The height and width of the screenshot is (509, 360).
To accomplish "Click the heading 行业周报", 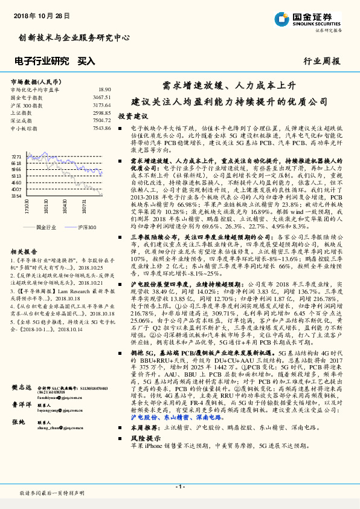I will click(321, 61).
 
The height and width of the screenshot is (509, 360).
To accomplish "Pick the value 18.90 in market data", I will click(104, 89).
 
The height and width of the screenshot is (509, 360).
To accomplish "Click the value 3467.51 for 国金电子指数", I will click(101, 97).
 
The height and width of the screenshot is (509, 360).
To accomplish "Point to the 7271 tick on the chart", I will click(16, 156).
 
